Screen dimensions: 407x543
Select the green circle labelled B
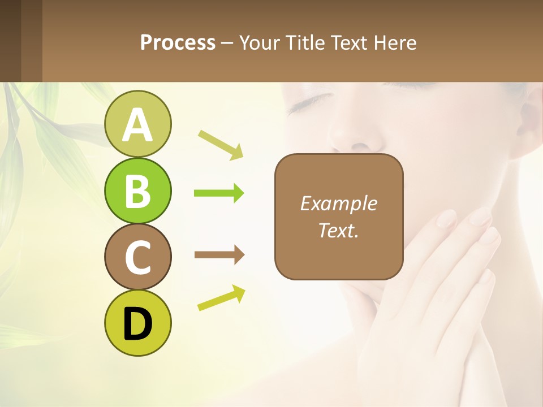pyautogui.click(x=137, y=190)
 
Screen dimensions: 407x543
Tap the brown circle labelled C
pyautogui.click(x=137, y=257)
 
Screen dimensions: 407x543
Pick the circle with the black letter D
pyautogui.click(x=137, y=323)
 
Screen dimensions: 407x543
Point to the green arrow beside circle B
pyautogui.click(x=219, y=193)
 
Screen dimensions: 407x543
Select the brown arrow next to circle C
pyautogui.click(x=219, y=255)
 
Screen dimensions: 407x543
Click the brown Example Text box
pyautogui.click(x=339, y=217)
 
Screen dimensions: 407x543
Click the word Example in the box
pyautogui.click(x=339, y=203)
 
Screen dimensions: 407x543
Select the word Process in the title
pyautogui.click(x=178, y=43)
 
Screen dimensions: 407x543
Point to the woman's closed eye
pyautogui.click(x=308, y=102)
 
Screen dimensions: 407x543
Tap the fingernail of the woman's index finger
pyautogui.click(x=447, y=218)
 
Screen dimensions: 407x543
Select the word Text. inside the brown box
pyautogui.click(x=339, y=231)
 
